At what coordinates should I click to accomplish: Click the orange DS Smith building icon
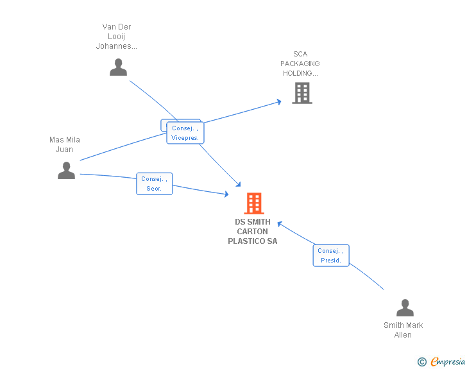click(254, 203)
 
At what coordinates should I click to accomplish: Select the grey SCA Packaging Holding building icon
click(302, 93)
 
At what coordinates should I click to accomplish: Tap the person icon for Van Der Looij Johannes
click(118, 67)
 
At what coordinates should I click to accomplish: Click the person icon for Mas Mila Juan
click(66, 170)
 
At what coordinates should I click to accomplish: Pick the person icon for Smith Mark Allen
click(405, 307)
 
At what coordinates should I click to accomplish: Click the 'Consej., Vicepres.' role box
click(185, 133)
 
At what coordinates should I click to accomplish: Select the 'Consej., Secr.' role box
click(154, 184)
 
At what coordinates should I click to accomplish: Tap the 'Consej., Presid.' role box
click(331, 255)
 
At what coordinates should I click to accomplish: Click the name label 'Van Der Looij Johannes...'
click(117, 37)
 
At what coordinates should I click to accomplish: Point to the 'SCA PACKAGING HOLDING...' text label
click(300, 64)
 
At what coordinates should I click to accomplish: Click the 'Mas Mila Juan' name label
click(64, 144)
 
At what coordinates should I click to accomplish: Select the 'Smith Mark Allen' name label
click(403, 330)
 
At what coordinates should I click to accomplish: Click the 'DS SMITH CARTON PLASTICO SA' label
click(253, 231)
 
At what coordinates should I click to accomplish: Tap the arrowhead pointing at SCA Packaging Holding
click(279, 102)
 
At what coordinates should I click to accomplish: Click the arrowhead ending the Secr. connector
click(226, 194)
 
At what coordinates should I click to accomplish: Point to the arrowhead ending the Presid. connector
click(280, 224)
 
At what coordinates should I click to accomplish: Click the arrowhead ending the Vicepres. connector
click(238, 185)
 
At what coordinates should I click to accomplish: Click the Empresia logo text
click(448, 361)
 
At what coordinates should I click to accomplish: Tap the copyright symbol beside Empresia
click(421, 362)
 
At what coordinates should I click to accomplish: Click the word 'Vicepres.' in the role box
click(185, 138)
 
